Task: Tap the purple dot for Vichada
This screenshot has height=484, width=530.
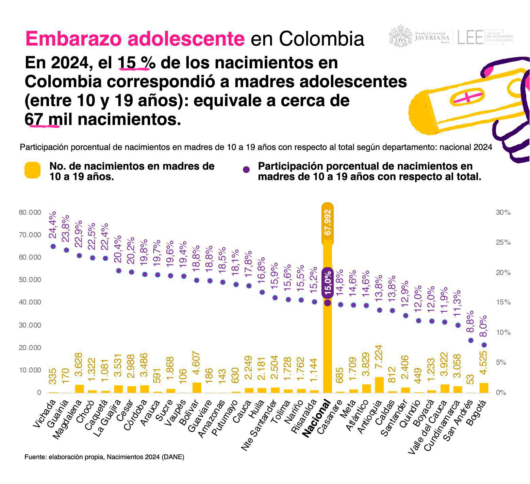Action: tap(53, 246)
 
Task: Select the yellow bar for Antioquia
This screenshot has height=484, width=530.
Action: tap(379, 385)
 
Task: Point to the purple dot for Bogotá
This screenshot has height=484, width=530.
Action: tap(484, 345)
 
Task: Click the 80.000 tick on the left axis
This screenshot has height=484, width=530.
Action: tap(30, 212)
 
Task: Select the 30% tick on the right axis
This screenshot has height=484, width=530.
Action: tap(503, 212)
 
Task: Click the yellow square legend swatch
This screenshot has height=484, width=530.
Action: tap(33, 170)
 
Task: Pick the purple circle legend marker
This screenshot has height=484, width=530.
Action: tap(246, 170)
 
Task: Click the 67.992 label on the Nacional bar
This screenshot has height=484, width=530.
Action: tap(328, 223)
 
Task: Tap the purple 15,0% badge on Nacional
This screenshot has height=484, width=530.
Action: tap(327, 283)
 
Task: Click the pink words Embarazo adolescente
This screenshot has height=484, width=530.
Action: tap(135, 39)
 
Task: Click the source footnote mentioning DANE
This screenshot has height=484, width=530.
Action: tap(104, 457)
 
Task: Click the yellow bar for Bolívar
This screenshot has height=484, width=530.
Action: tap(197, 387)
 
